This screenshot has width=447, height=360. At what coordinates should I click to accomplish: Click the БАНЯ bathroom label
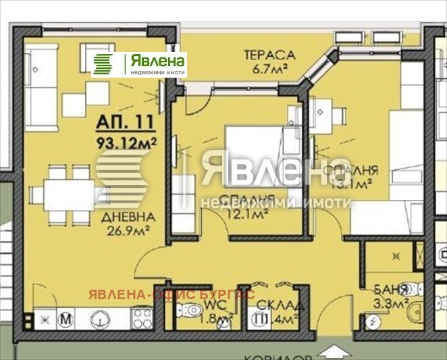coord(393,290)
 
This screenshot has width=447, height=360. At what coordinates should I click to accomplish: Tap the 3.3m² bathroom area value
coord(392,305)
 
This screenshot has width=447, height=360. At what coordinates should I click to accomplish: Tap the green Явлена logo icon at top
coord(105,64)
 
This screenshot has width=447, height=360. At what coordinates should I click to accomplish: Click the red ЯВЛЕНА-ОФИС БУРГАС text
coord(168,294)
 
